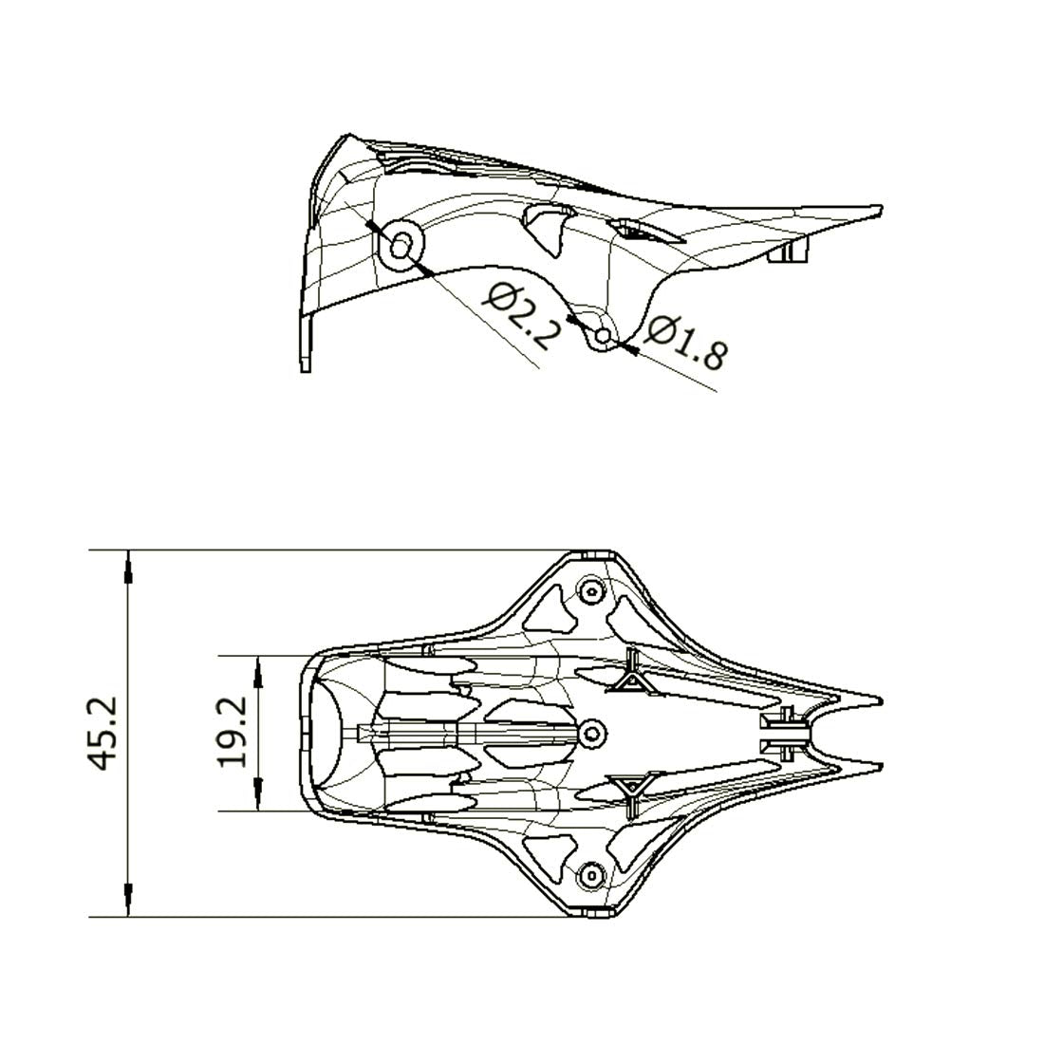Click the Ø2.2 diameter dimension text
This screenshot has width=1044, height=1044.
521,316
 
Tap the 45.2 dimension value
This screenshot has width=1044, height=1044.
104,733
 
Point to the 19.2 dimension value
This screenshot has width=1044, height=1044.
234,732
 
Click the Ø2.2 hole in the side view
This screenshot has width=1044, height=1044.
401,248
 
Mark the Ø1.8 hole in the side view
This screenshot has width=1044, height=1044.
604,336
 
